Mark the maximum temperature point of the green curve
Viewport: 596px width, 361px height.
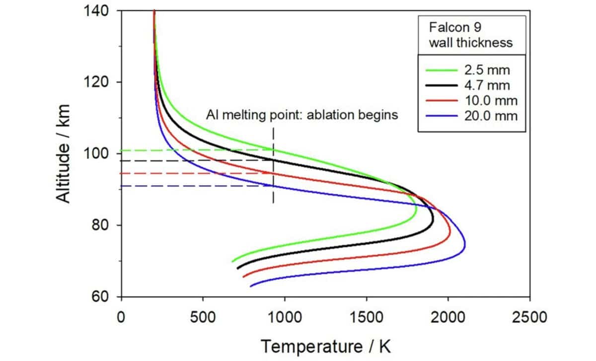click(416, 213)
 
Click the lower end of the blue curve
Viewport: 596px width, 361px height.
click(250, 286)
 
